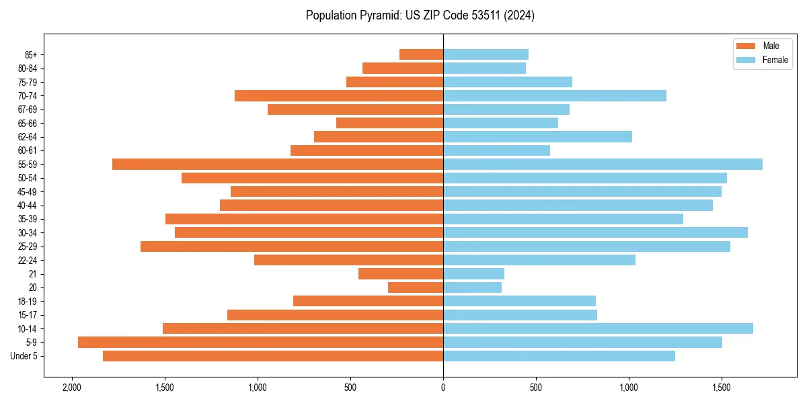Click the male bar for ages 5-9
point(260,342)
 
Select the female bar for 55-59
point(603,164)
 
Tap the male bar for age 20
point(416,287)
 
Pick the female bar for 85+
point(486,54)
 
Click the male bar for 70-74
point(339,95)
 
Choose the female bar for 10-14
point(598,328)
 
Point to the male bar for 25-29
point(292,247)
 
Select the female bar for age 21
point(473,273)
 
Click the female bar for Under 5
point(559,356)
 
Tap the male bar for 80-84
point(403,68)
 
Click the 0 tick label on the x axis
point(443,388)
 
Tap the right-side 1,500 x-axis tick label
point(722,388)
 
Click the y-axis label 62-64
point(28,137)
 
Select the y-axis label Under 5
point(24,356)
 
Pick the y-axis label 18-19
point(28,301)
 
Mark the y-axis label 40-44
point(28,206)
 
